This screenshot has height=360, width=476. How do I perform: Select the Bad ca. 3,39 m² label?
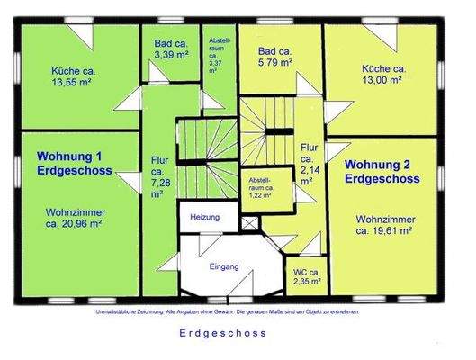pyautogui.click(x=171, y=50)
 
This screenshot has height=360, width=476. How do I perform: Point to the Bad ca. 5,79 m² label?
pyautogui.click(x=274, y=58)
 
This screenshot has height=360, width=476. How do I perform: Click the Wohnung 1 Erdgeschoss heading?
pyautogui.click(x=74, y=163)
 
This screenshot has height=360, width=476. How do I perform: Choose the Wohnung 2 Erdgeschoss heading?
pyautogui.click(x=382, y=171)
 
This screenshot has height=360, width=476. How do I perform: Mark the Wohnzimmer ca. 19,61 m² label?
pyautogui.click(x=390, y=225)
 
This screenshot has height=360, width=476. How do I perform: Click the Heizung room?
pyautogui.click(x=205, y=218)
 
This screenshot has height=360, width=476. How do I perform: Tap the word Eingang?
pyautogui.click(x=223, y=267)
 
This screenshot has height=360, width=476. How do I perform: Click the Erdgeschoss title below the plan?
pyautogui.click(x=229, y=332)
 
